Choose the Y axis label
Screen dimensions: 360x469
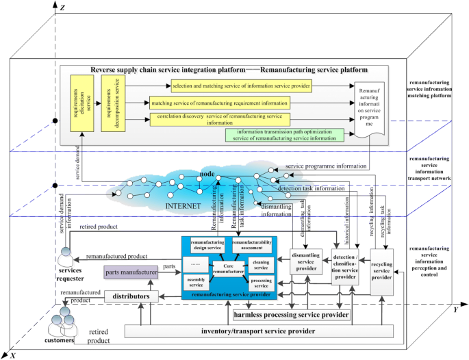pos(455,309)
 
